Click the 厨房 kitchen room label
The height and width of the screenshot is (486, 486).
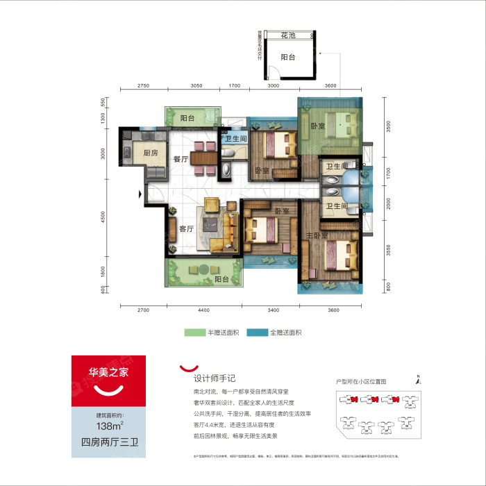pyautogui.click(x=151, y=153)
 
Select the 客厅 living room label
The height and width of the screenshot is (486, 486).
pyautogui.click(x=186, y=229)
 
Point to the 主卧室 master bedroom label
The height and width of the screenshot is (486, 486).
pyautogui.click(x=316, y=236)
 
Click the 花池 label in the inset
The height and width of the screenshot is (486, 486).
pyautogui.click(x=289, y=35)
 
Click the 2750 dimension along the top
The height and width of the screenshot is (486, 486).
pyautogui.click(x=143, y=85)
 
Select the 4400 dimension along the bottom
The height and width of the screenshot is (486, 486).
pyautogui.click(x=203, y=310)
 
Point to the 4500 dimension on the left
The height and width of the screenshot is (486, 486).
pyautogui.click(x=103, y=217)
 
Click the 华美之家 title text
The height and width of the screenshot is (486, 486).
pyautogui.click(x=107, y=372)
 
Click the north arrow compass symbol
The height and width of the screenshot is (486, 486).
pyautogui.click(x=419, y=378)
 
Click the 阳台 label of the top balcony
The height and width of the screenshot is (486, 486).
pyautogui.click(x=187, y=119)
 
